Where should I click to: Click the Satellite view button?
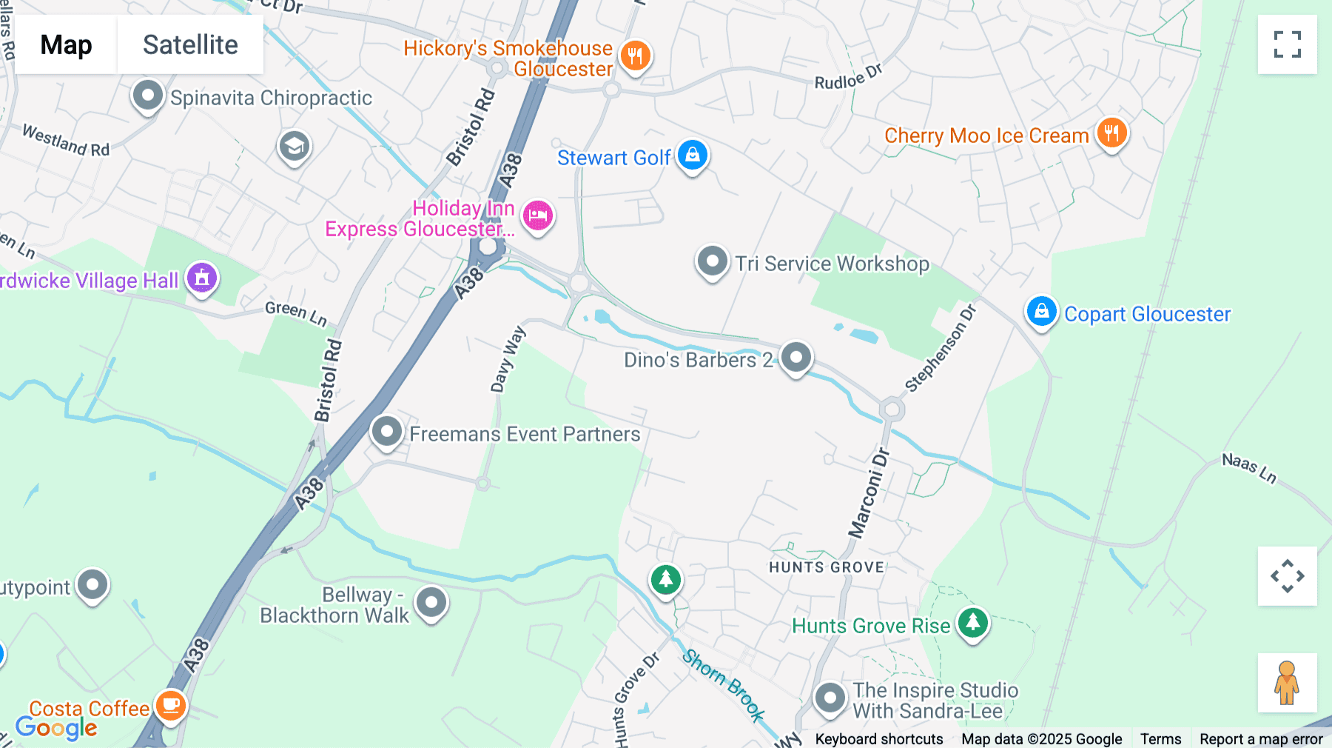(x=190, y=44)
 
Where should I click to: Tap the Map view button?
(x=66, y=44)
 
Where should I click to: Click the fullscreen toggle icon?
(x=1287, y=44)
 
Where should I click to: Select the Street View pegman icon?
(x=1287, y=682)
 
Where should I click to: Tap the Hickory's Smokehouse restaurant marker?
(x=635, y=56)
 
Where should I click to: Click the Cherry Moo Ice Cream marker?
(x=1111, y=134)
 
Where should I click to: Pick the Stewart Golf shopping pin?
(x=693, y=156)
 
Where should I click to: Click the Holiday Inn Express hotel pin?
(x=538, y=216)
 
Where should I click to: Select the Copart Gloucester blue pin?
(x=1041, y=312)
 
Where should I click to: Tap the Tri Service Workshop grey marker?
(x=713, y=262)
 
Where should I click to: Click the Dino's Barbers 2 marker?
(x=796, y=358)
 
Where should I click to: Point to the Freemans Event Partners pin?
(x=386, y=432)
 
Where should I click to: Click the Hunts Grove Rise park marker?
(x=972, y=623)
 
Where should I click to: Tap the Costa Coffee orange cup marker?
(x=171, y=705)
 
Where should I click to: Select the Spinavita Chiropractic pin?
(x=147, y=96)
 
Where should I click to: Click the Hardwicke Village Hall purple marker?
(x=202, y=278)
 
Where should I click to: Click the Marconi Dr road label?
(x=869, y=493)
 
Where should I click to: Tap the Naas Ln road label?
(x=1249, y=468)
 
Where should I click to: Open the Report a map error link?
(x=1260, y=738)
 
